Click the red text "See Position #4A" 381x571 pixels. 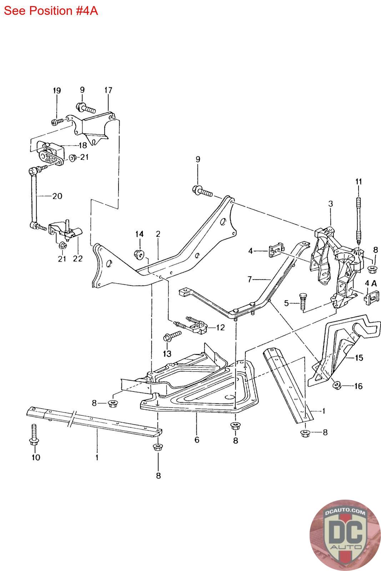pos(51,11)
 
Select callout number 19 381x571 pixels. pos(57,91)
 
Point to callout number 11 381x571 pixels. pos(358,181)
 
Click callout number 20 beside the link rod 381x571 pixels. pos(57,196)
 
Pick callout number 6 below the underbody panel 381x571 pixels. pos(197,440)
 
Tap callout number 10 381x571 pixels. pos(36,457)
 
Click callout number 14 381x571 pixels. pos(139,234)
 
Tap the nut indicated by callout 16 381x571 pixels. pos(336,385)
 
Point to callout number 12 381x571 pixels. pos(220,327)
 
